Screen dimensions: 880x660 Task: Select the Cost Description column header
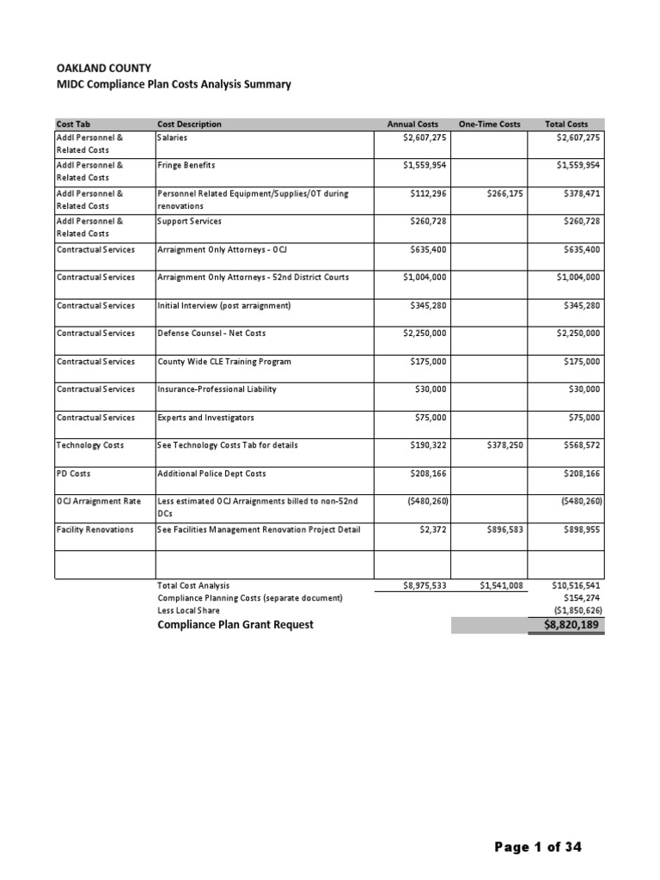click(x=189, y=125)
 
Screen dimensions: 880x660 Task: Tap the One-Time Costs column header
click(x=489, y=125)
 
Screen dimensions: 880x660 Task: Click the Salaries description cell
click(x=173, y=137)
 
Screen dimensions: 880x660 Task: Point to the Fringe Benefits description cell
click(x=186, y=166)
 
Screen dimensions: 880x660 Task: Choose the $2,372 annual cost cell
click(x=429, y=530)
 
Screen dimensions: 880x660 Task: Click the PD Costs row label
click(x=73, y=474)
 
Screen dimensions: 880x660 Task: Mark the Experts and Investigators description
click(x=206, y=418)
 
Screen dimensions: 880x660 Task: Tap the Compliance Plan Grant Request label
click(x=235, y=625)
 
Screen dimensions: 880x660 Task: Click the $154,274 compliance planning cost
click(x=582, y=597)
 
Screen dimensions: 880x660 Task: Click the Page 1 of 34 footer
click(x=539, y=847)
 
